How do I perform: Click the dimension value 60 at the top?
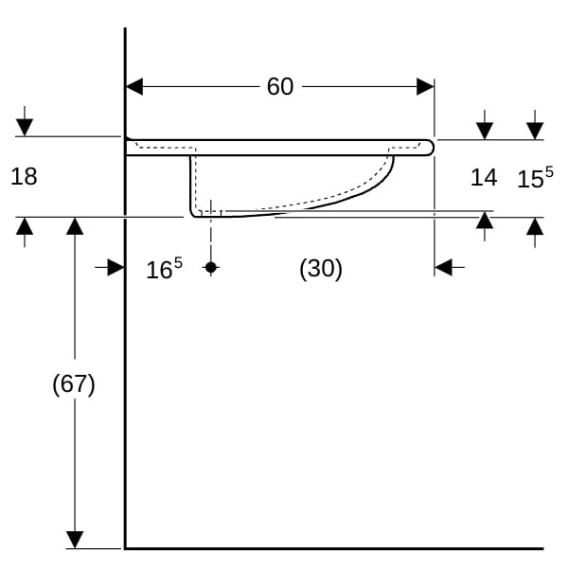[x=280, y=86]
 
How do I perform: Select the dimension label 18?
[x=24, y=177]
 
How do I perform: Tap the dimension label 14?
[x=484, y=178]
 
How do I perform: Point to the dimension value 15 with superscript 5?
[x=535, y=177]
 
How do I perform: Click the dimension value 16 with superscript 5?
[x=164, y=269]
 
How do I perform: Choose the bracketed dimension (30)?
[x=321, y=269]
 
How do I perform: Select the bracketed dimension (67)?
[x=74, y=384]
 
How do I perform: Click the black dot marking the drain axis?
[x=211, y=268]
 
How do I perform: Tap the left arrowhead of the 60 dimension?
[x=134, y=86]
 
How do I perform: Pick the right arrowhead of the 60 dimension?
[x=425, y=86]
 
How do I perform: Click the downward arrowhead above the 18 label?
[x=25, y=128]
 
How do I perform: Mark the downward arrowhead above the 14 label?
[x=485, y=132]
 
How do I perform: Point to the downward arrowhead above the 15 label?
[x=535, y=132]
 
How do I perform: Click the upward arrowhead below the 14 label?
[x=485, y=220]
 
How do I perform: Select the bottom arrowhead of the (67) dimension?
[x=75, y=540]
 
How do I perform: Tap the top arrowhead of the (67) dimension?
[x=75, y=226]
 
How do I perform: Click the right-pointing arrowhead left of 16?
[x=115, y=268]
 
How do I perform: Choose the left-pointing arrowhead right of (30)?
[x=443, y=268]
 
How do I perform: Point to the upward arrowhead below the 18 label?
[x=25, y=226]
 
